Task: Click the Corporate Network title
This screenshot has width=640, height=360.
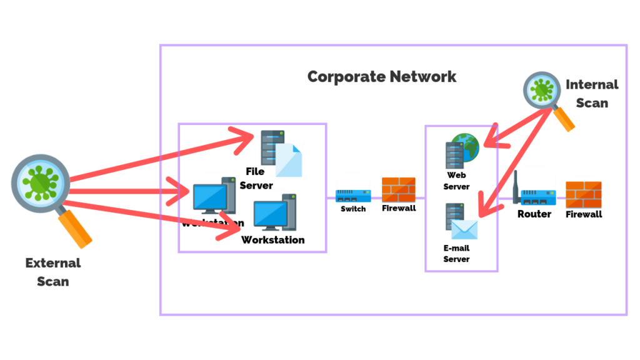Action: (x=382, y=77)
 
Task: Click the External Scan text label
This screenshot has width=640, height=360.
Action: (x=53, y=272)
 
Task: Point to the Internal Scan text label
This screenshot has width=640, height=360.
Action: (x=592, y=93)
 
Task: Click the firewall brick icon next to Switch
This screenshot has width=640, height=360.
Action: (x=399, y=189)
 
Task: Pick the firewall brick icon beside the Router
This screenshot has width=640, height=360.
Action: (x=583, y=195)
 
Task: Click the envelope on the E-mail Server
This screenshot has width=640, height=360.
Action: (x=465, y=229)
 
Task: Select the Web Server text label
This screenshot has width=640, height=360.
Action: (x=456, y=181)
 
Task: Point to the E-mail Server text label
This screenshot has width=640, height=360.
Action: (x=456, y=253)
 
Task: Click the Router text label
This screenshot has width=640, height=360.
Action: (x=534, y=214)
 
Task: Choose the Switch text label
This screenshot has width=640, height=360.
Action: (x=353, y=209)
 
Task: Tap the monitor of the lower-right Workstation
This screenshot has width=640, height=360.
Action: (x=269, y=216)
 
